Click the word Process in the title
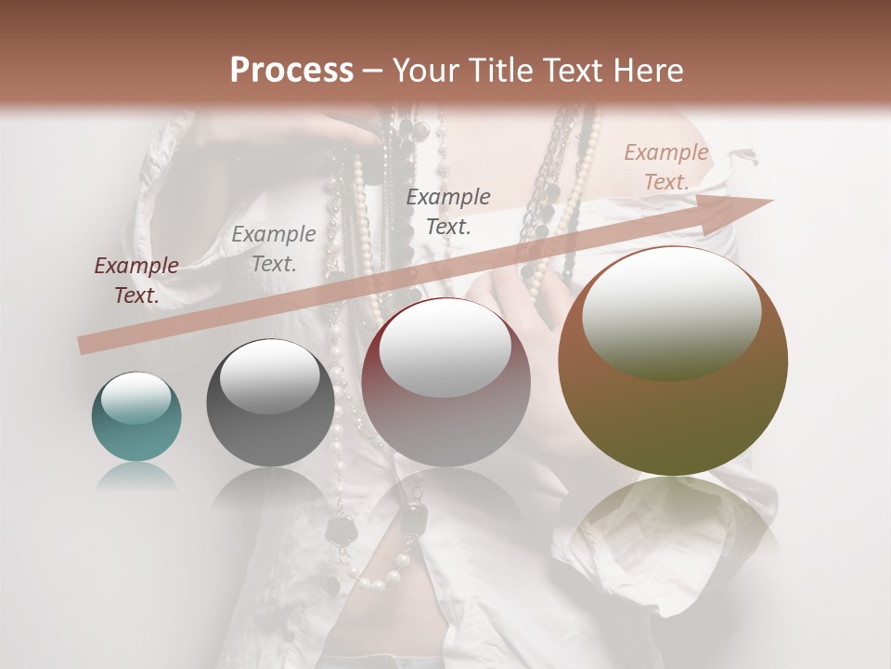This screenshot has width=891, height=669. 291,71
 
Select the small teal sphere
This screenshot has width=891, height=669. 136,418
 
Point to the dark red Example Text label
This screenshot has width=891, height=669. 136,281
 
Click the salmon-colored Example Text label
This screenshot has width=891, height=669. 666,167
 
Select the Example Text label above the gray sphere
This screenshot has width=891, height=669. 274,249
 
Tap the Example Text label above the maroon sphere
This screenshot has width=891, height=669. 448,211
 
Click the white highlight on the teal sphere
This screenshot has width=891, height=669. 136,398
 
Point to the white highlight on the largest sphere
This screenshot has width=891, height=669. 671,311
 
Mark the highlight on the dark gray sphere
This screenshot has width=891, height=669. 269,374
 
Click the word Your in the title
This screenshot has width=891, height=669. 426,71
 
